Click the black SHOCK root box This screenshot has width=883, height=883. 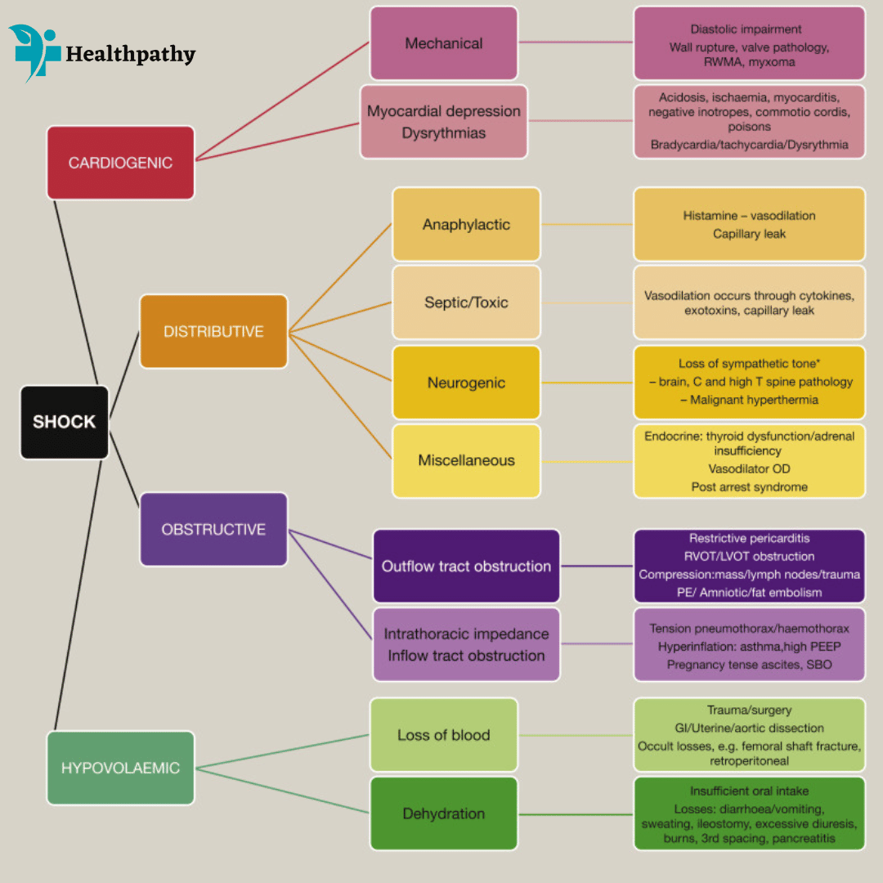[x=65, y=422]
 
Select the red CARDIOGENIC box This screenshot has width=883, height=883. [x=120, y=163]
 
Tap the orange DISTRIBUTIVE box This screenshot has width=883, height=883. [x=213, y=331]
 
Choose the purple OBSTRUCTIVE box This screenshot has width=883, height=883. [x=213, y=529]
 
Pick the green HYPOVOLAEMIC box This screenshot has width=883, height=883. [x=120, y=768]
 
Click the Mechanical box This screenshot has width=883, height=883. [x=443, y=43]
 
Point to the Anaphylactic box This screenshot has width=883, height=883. [x=466, y=224]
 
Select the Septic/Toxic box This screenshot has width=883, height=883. [x=466, y=303]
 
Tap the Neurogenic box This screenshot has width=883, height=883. [x=466, y=383]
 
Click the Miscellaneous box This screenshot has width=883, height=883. [x=466, y=460]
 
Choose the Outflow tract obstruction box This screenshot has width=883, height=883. [x=466, y=566]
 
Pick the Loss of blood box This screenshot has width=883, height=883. [x=443, y=734]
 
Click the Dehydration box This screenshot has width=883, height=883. [x=443, y=814]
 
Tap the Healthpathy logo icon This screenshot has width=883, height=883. [x=34, y=52]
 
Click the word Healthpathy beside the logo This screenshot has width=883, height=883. [x=131, y=55]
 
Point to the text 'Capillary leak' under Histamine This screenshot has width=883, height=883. [x=749, y=234]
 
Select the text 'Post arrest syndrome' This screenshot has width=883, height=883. [x=749, y=487]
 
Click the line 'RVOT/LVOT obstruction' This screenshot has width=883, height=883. [x=749, y=557]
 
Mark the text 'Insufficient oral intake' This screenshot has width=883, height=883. [x=749, y=791]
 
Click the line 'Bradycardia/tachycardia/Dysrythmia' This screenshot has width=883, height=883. [x=749, y=146]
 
